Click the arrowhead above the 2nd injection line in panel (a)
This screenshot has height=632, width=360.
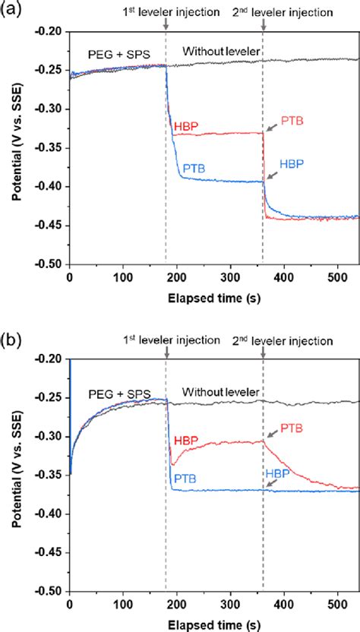pyautogui.click(x=263, y=25)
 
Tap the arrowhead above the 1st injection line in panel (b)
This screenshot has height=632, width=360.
pyautogui.click(x=166, y=355)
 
